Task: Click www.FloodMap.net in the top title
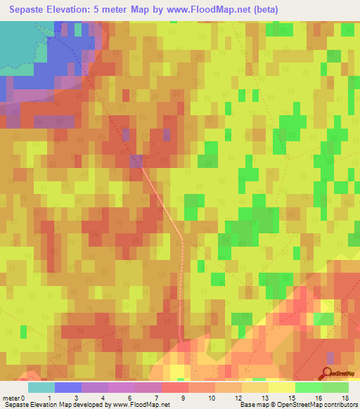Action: (210, 10)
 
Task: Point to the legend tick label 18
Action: (345, 397)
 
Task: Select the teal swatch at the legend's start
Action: (41, 387)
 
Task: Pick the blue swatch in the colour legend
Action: (68, 387)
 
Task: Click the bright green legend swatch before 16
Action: (308, 387)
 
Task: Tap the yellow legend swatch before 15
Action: (281, 387)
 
